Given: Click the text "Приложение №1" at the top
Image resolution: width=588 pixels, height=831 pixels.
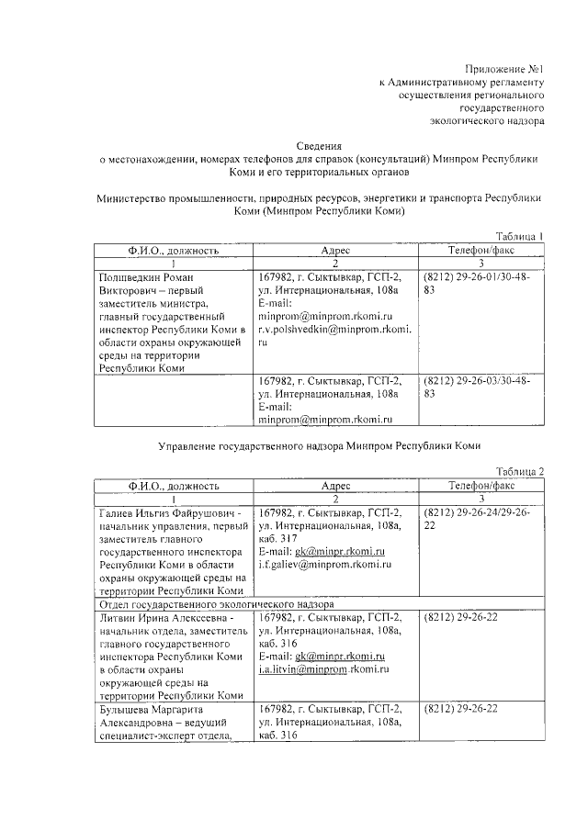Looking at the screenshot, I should pos(505,69).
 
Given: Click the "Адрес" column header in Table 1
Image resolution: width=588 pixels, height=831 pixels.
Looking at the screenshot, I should pos(335,250).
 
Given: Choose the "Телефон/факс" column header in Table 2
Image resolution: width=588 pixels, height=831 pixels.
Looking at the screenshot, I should pos(481,485).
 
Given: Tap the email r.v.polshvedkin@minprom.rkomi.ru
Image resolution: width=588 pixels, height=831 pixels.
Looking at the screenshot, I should pos(334,328).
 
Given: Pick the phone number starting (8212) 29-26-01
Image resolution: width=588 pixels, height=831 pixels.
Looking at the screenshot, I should pos(481,276).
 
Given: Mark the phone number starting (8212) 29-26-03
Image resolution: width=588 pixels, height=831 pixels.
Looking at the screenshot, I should pos(481,379).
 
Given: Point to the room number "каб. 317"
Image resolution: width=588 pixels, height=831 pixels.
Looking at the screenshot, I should pos(279,538).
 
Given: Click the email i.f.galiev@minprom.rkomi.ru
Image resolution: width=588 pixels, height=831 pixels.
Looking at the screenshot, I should pos(322,564).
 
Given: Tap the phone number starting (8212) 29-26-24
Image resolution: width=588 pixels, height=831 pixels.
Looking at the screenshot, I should pos(481,512).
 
